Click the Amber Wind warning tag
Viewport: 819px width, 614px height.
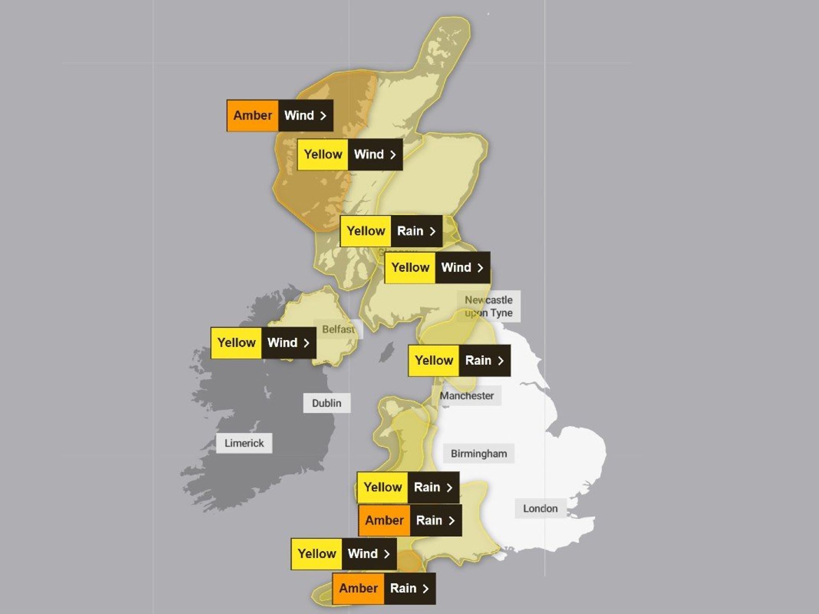point(280,115)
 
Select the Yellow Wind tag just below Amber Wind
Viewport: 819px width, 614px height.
point(350,155)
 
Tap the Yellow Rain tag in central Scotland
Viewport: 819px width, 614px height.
point(391,231)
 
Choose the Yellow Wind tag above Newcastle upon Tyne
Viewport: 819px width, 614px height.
point(437,268)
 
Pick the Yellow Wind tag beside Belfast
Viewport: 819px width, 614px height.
point(263,343)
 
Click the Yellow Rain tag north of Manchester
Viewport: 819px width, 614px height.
point(459,361)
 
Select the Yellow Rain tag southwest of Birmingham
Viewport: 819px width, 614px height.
point(408,488)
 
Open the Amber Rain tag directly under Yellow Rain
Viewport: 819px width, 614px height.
point(410,521)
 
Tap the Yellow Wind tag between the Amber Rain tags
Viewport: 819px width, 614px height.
point(344,554)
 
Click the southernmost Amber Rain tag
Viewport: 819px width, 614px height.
point(384,589)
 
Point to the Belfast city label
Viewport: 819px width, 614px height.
point(338,330)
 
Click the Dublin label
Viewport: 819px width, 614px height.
point(326,403)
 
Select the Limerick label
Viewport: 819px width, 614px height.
point(244,443)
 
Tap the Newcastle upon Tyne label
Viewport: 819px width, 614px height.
point(489,306)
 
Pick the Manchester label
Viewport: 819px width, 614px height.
point(466,396)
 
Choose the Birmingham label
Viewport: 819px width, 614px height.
point(479,454)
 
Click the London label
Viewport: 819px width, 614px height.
point(540,508)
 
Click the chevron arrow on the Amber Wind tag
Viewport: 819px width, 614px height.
point(323,116)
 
